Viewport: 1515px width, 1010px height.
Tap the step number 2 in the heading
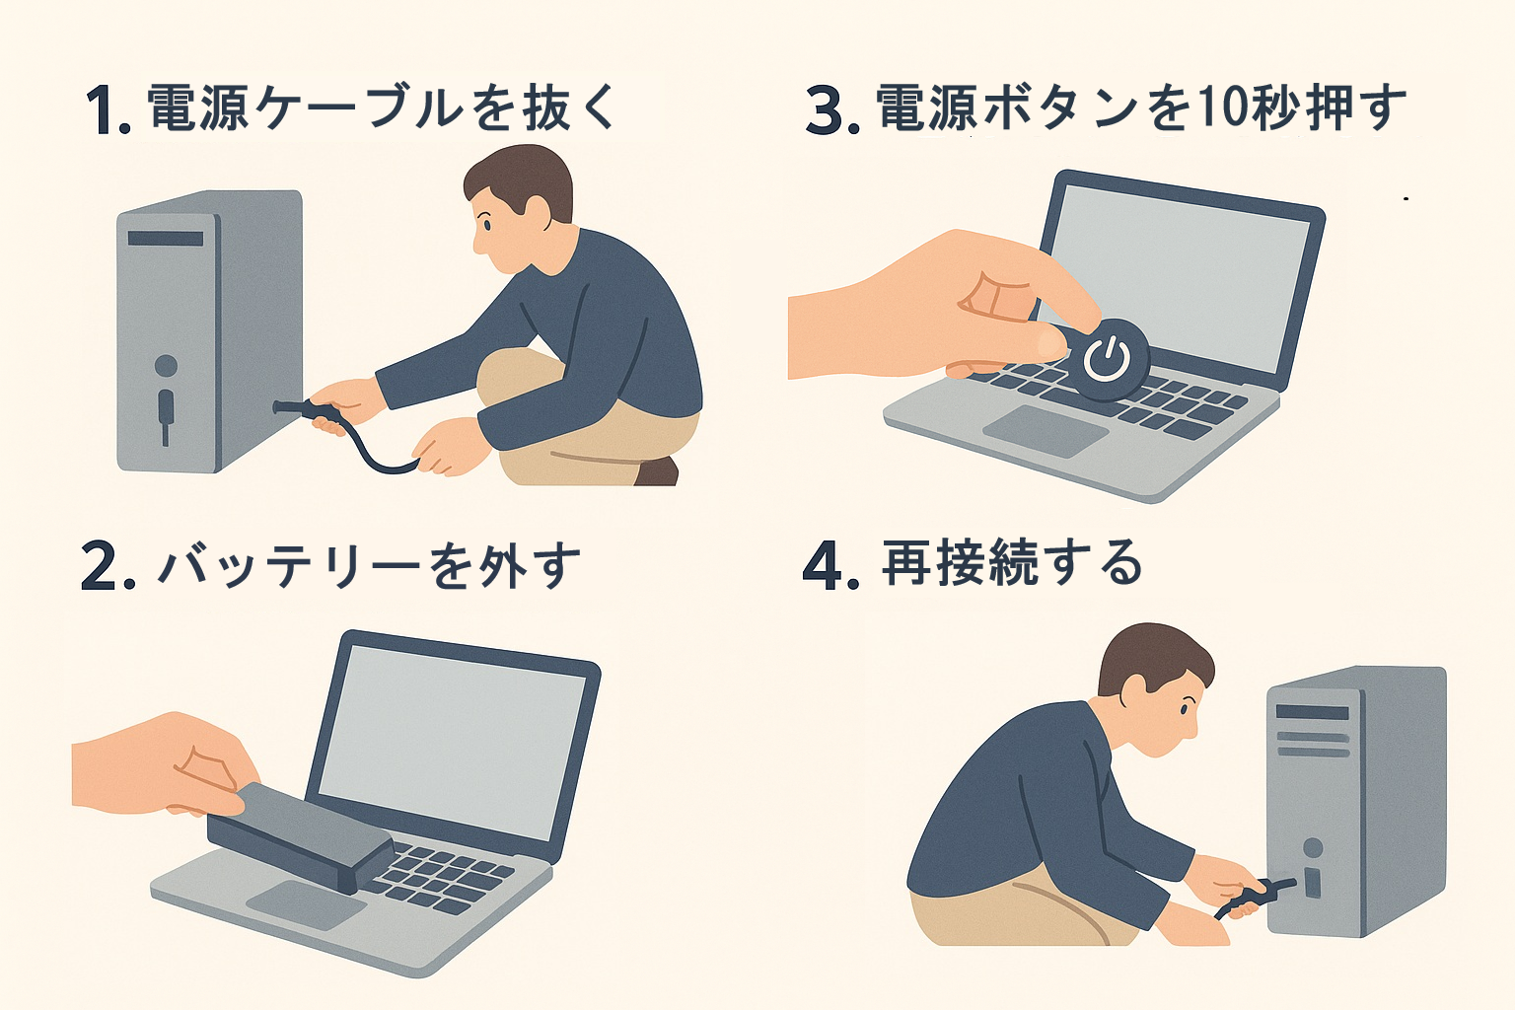click(x=98, y=567)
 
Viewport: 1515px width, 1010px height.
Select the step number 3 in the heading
click(x=824, y=109)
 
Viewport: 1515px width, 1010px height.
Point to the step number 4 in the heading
click(x=822, y=567)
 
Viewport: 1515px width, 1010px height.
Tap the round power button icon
click(x=1108, y=359)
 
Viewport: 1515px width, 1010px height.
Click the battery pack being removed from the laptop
click(x=302, y=836)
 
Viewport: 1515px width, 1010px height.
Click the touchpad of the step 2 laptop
click(x=306, y=903)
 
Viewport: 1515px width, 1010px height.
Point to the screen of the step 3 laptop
click(x=1174, y=276)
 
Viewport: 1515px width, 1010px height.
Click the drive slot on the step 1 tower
click(x=166, y=238)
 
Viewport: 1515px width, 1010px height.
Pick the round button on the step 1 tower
click(x=166, y=366)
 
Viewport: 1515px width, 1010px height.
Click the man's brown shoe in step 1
click(x=656, y=471)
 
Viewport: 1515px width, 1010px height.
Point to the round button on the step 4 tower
click(x=1313, y=847)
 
